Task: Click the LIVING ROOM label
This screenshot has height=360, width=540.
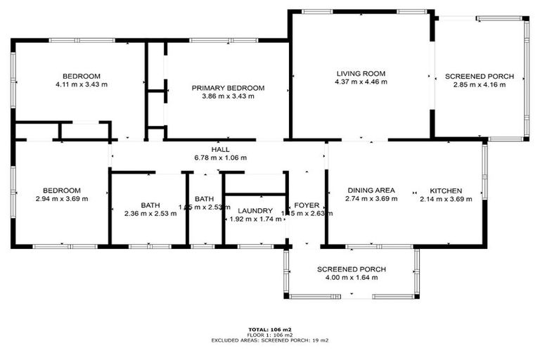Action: tap(361, 73)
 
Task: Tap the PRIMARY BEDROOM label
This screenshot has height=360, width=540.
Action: tap(228, 88)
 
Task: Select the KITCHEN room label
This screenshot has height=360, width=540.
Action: tap(446, 191)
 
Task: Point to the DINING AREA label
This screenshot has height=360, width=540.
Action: tap(371, 191)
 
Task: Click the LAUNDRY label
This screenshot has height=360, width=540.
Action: tap(255, 211)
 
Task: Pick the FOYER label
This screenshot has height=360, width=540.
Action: tap(307, 206)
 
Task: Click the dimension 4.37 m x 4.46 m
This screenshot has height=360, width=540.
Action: tap(361, 82)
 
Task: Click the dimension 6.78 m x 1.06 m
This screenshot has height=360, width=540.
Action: tap(220, 157)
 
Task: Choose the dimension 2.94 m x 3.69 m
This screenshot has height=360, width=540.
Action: tap(61, 199)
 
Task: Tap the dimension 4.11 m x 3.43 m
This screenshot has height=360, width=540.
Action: tap(81, 84)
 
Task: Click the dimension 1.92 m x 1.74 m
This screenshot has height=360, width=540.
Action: tap(255, 219)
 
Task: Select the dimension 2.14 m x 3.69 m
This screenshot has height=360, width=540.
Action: tap(446, 199)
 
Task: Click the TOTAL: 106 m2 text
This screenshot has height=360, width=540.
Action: tap(269, 329)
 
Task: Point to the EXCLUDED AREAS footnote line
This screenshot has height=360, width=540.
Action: tap(270, 340)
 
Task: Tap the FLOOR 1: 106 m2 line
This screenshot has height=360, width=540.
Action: tap(270, 335)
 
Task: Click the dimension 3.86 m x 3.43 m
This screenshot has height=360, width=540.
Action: tap(228, 96)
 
